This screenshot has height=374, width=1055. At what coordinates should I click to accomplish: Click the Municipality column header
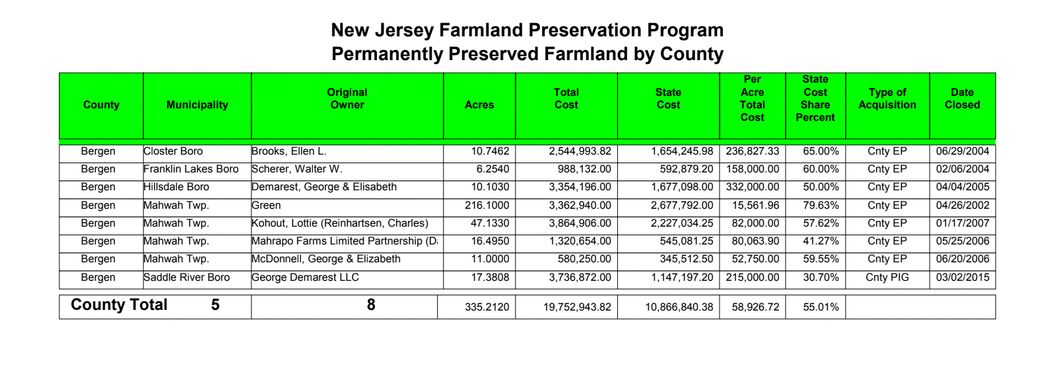197,105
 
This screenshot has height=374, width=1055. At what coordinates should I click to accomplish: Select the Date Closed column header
962,98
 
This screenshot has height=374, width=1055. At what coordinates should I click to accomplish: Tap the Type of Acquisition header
887,98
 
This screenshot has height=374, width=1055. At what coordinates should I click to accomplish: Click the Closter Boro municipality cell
173,151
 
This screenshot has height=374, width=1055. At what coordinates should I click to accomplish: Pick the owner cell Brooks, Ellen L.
289,151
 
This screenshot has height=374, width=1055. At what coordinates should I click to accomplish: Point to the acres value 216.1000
487,206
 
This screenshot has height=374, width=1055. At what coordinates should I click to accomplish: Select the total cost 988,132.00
584,169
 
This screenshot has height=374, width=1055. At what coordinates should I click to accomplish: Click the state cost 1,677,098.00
682,187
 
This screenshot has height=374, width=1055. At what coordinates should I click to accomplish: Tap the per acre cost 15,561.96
753,206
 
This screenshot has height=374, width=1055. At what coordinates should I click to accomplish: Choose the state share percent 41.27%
821,241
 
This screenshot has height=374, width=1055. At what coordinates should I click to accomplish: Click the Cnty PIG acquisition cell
887,278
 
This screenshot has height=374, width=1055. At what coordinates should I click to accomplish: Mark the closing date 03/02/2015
962,278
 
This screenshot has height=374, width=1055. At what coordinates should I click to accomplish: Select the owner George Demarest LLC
305,278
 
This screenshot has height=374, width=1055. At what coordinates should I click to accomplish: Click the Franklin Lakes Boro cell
191,169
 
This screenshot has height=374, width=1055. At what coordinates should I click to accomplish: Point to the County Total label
119,305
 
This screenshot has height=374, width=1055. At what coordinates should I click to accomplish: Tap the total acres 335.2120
487,307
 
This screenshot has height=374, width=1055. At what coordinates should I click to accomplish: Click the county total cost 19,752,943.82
577,307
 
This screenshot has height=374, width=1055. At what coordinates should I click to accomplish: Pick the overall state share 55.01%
821,307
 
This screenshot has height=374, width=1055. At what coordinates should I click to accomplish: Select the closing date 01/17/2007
962,223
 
